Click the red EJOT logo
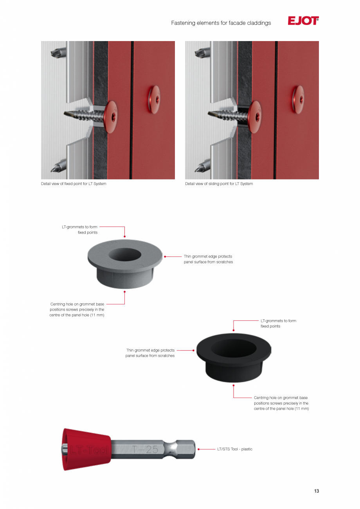click(x=303, y=21)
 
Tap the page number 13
click(x=316, y=491)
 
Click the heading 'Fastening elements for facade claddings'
click(x=221, y=23)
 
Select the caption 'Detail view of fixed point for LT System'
click(x=74, y=183)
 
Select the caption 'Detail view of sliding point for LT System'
click(x=219, y=183)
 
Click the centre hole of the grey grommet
click(x=125, y=254)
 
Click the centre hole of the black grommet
click(x=234, y=348)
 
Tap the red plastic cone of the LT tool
click(x=87, y=449)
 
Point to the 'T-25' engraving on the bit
click(x=145, y=449)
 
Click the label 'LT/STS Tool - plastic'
click(x=235, y=449)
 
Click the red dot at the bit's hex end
click(x=198, y=449)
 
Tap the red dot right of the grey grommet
click(x=165, y=257)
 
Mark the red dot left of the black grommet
click(x=193, y=351)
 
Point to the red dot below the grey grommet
click(x=124, y=292)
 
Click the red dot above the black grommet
click(x=233, y=330)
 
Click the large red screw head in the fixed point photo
click(x=111, y=117)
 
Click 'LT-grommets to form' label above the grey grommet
click(x=79, y=227)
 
